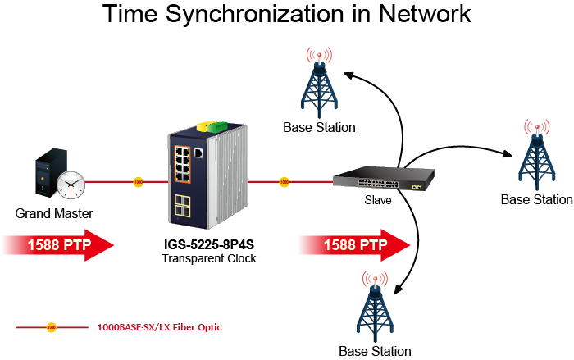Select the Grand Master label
pyautogui.click(x=53, y=214)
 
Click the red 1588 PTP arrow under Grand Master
pyautogui.click(x=57, y=245)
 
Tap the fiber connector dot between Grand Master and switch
pyautogui.click(x=138, y=180)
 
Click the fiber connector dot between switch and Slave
pyautogui.click(x=285, y=180)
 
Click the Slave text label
pyautogui.click(x=378, y=200)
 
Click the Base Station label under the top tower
pyautogui.click(x=319, y=127)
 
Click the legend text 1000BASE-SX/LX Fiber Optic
pyautogui.click(x=159, y=327)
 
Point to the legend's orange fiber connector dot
pyautogui.click(x=52, y=327)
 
